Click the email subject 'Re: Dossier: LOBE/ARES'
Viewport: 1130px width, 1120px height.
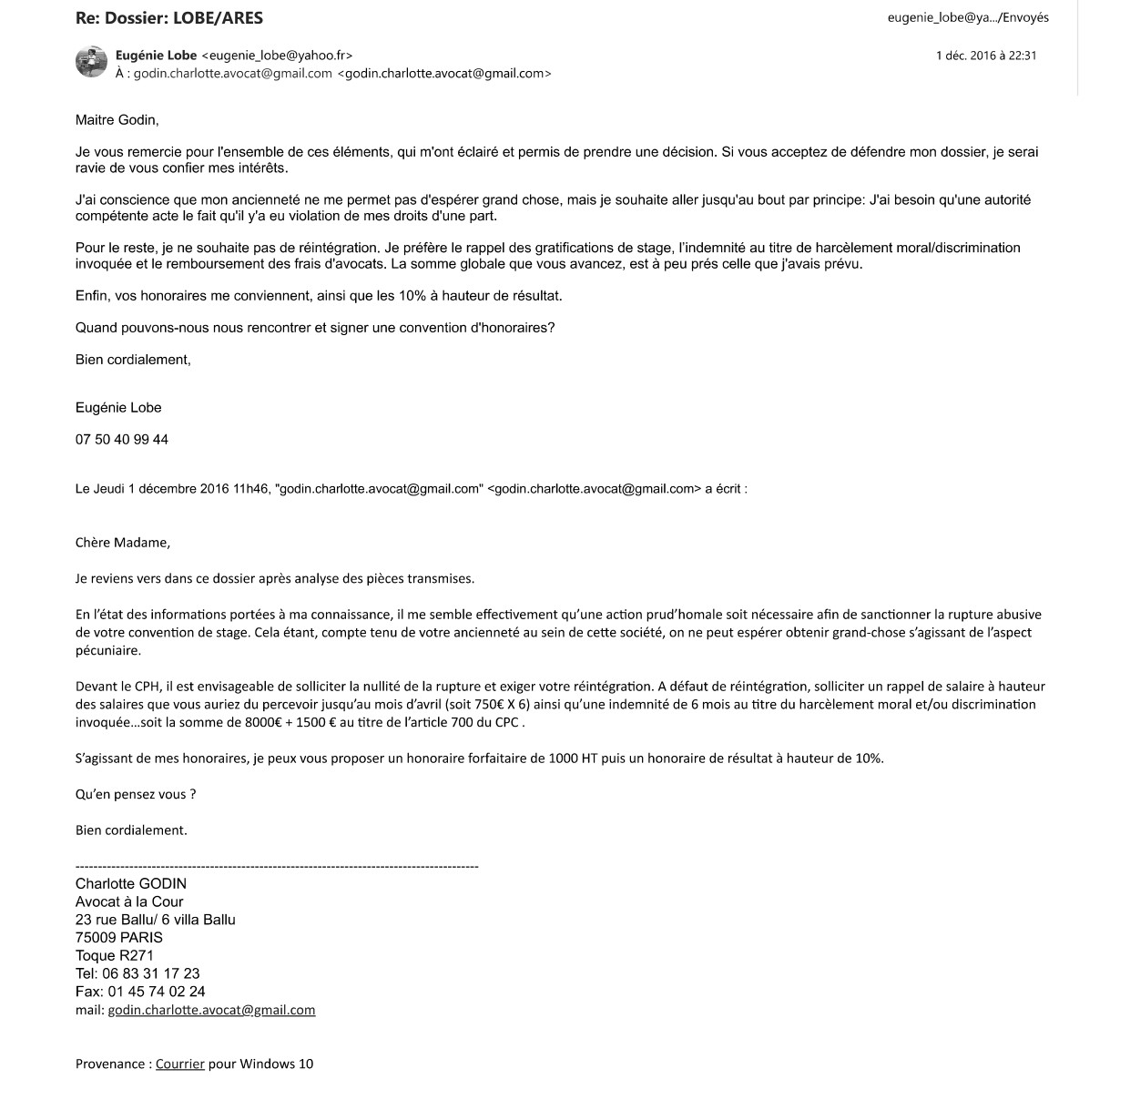169,17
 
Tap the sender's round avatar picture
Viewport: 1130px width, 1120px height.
91,62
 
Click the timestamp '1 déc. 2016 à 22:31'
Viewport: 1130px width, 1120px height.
986,56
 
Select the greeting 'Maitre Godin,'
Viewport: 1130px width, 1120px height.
117,119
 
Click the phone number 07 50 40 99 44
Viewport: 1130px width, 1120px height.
122,440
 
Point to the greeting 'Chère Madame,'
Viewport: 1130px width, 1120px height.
123,543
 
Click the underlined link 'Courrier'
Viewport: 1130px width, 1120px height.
179,1064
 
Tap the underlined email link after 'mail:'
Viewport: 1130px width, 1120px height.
211,1010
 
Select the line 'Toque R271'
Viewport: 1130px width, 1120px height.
115,955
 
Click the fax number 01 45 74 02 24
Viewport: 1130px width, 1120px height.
156,992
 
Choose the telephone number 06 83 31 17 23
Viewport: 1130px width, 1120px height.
150,973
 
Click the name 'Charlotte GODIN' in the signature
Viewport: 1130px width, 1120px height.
131,883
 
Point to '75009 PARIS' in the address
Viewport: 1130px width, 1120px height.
119,937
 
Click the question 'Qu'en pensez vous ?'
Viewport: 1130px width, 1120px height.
136,794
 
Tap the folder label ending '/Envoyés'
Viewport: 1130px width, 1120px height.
968,17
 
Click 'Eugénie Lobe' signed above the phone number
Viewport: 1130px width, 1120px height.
118,408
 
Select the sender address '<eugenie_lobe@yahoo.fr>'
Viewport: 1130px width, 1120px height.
277,56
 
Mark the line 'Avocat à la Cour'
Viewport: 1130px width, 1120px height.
129,901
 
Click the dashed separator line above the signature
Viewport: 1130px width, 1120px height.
277,867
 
